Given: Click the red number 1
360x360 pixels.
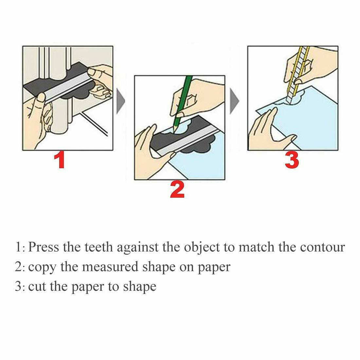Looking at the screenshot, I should pos(60,160).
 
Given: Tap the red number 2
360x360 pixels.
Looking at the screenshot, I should pos(177,191).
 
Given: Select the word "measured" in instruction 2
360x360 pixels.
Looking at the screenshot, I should pos(102,267).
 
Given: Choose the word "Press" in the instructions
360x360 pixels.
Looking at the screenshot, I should pos(44,247).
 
